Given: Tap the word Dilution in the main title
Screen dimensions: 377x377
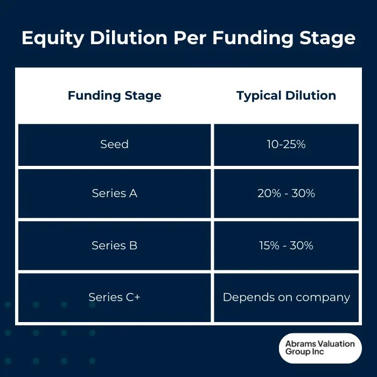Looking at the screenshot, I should (127, 38).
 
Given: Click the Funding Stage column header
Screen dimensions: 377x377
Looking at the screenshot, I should (114, 96).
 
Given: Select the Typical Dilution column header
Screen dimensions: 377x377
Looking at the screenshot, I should (286, 96).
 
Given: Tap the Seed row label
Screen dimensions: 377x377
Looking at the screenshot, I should (114, 144).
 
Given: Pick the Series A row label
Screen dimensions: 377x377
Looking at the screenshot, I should (114, 193).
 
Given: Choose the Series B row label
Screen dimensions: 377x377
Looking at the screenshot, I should (114, 246).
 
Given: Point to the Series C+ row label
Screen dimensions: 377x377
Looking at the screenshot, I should (114, 297).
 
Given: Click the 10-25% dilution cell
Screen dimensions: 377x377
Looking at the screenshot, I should (286, 144).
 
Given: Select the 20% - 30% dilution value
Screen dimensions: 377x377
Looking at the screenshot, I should (286, 193).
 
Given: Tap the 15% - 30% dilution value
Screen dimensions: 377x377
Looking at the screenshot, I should (286, 246).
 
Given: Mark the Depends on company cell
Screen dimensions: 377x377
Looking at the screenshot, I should (286, 297).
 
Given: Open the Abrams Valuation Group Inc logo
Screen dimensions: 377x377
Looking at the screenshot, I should (320, 348).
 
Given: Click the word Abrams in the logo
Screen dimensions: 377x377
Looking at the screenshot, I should (301, 344).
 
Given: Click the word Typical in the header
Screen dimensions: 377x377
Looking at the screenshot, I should (256, 96).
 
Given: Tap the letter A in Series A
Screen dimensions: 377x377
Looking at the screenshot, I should (133, 193).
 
